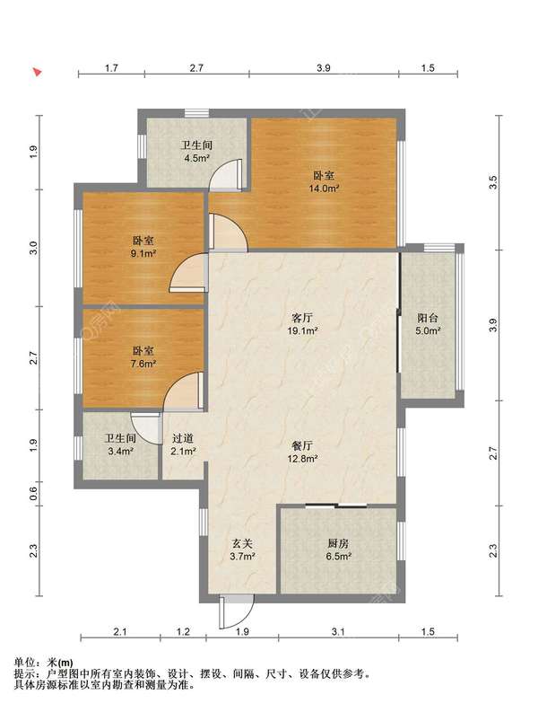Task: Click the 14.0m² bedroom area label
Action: pyautogui.click(x=325, y=189)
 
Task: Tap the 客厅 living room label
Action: pyautogui.click(x=303, y=318)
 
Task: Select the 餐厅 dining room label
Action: pyautogui.click(x=302, y=446)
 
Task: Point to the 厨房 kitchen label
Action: pyautogui.click(x=338, y=543)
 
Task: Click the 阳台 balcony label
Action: pyautogui.click(x=428, y=318)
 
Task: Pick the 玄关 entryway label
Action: pyautogui.click(x=242, y=543)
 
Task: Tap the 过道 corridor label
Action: pyautogui.click(x=183, y=439)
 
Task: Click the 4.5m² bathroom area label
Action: pyautogui.click(x=196, y=159)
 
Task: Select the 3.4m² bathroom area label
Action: pyautogui.click(x=120, y=452)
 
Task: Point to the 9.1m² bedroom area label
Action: pyautogui.click(x=143, y=253)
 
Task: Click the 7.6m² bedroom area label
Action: pyautogui.click(x=143, y=364)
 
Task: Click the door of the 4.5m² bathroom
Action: pyautogui.click(x=224, y=174)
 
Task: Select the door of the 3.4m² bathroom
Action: pyautogui.click(x=146, y=427)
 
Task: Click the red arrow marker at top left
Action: pyautogui.click(x=37, y=72)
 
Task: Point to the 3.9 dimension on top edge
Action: pyautogui.click(x=324, y=68)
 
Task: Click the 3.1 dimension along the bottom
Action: pyautogui.click(x=338, y=631)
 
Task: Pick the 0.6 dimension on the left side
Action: pyautogui.click(x=33, y=494)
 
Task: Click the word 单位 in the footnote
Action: pyautogui.click(x=24, y=663)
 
